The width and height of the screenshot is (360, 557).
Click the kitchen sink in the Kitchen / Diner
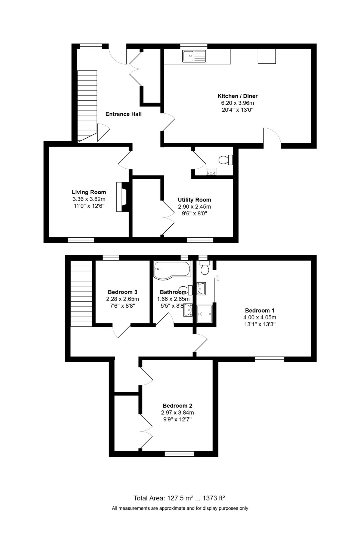point(194,56)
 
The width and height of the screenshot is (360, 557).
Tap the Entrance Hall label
point(123,114)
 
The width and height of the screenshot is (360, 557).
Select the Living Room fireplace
point(123,197)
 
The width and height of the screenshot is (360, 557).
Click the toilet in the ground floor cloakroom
point(226,160)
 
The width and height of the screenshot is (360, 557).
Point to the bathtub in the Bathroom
point(172,270)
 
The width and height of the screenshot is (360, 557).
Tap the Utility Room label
point(194,200)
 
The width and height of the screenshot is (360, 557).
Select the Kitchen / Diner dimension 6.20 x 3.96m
point(238,103)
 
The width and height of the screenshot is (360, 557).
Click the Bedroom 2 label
point(178,406)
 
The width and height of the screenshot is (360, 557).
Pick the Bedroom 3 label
point(123,292)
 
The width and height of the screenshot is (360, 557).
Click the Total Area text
point(179,498)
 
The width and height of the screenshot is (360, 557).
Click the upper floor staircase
point(81,293)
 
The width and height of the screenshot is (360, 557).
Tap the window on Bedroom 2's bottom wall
point(179,454)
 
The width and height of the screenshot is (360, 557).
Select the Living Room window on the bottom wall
point(81,240)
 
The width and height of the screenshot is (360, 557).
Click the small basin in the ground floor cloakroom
point(211,171)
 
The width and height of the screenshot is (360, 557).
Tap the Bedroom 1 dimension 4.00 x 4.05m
point(260,317)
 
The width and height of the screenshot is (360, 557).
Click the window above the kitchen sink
point(194,46)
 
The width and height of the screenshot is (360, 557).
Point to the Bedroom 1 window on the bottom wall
point(270,359)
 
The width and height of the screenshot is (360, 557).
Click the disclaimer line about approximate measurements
point(180,508)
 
